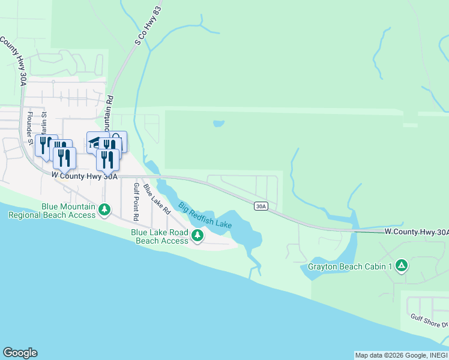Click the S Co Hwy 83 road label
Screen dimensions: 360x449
(140, 35)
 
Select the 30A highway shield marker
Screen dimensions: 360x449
(260, 206)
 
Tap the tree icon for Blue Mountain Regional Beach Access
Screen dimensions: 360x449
(105, 210)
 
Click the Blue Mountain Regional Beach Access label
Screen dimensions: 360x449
(68, 210)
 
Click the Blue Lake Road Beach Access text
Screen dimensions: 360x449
(160, 236)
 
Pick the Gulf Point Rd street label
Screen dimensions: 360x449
(136, 202)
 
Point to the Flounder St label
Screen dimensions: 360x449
(29, 123)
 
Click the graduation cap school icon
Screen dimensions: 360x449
(94, 142)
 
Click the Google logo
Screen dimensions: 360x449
(20, 353)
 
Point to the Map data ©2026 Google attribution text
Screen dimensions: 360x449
(384, 355)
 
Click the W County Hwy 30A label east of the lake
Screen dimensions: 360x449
(416, 232)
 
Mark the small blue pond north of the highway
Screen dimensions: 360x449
(218, 124)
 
